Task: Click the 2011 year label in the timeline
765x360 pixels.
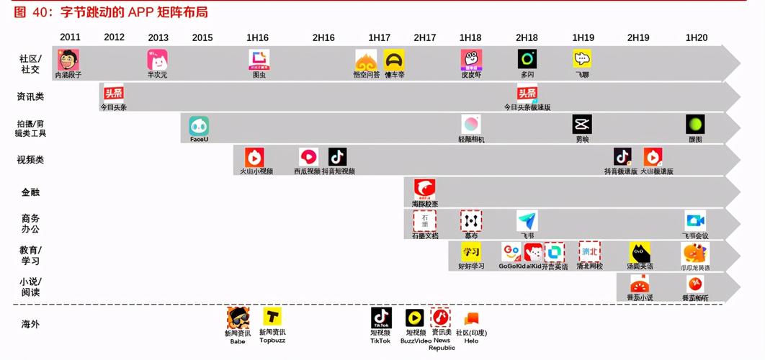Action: (70, 37)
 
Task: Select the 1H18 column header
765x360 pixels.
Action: (470, 37)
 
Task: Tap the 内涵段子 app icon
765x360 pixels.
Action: (68, 60)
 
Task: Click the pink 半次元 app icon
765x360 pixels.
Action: (157, 60)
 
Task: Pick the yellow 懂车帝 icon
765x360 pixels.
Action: (394, 60)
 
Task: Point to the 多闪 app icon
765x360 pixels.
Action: (527, 60)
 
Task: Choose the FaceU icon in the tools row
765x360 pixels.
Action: (199, 126)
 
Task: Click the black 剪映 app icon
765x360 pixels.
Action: (582, 125)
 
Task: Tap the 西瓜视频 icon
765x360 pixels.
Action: (308, 157)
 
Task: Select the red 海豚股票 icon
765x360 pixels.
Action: (424, 189)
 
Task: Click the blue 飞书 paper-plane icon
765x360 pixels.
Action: (527, 221)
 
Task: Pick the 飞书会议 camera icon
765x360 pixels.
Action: (695, 221)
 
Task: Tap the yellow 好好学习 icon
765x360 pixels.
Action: (470, 252)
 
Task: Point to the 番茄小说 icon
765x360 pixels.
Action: (640, 284)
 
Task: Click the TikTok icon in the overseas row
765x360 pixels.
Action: (381, 318)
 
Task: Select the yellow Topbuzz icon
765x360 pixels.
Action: (272, 318)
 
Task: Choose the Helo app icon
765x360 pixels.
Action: (471, 318)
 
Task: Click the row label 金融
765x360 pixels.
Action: (30, 192)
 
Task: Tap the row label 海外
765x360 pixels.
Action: (30, 324)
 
